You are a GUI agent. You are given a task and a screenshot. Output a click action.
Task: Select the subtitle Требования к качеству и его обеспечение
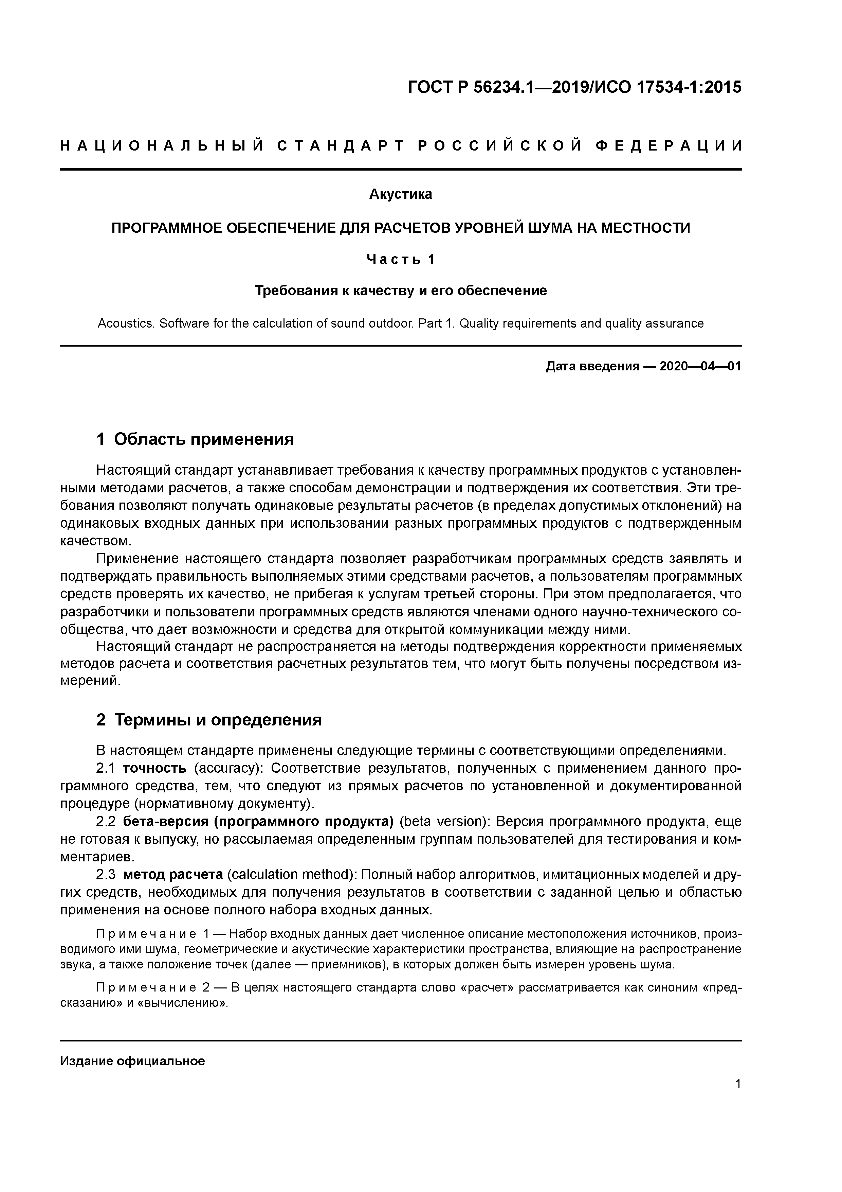(401, 291)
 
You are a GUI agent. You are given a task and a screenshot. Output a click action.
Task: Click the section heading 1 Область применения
(195, 439)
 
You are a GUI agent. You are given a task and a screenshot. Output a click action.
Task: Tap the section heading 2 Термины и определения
(209, 720)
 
